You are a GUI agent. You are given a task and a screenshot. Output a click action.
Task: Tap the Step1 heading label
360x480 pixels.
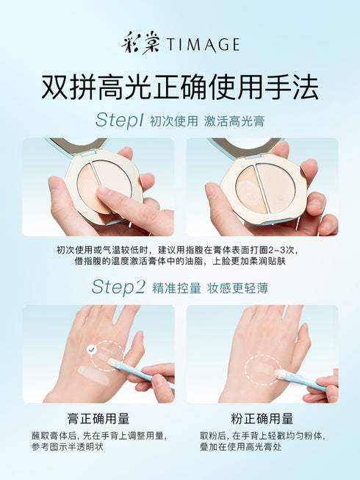(119, 121)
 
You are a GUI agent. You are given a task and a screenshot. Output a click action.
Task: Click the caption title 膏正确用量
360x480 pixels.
(98, 418)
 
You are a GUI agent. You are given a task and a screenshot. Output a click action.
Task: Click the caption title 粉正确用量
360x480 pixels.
(262, 418)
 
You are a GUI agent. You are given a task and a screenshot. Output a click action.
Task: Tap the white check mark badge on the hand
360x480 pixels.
(91, 349)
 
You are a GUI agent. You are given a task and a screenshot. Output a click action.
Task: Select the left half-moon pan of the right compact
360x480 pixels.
(251, 187)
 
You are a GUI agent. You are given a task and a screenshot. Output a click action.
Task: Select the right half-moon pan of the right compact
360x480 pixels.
(277, 185)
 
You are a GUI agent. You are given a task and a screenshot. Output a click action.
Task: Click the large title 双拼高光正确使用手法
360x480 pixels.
(180, 87)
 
